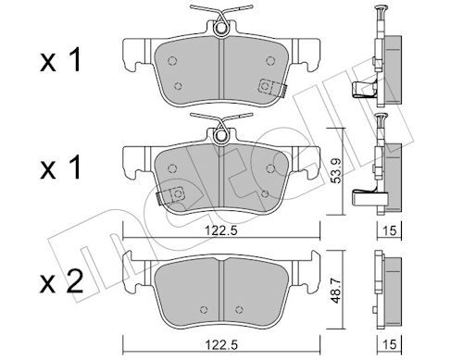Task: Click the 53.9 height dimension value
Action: (x=336, y=171)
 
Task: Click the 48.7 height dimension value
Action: (x=336, y=291)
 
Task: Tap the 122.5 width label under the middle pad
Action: (x=222, y=230)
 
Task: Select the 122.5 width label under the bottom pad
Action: (x=222, y=344)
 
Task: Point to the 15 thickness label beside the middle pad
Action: (x=390, y=230)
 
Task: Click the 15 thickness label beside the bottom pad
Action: (x=390, y=344)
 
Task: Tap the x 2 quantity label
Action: (x=61, y=281)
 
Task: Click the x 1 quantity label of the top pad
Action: (x=60, y=60)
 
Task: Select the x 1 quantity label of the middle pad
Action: (x=60, y=168)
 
